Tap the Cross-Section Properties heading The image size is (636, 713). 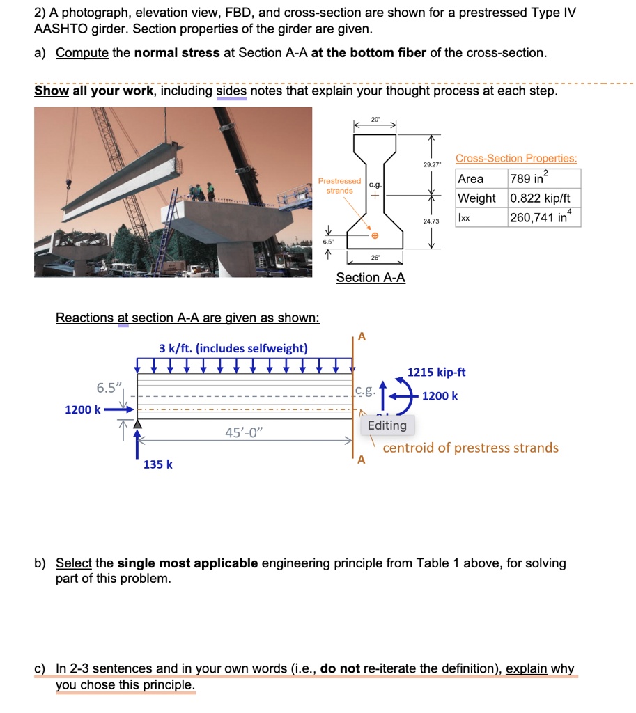pos(516,158)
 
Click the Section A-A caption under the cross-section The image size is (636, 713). pos(371,277)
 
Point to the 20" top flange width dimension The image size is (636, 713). pos(375,120)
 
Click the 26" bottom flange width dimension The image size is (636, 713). pos(375,257)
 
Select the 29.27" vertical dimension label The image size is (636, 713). pos(432,164)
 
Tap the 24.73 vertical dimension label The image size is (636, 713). pos(432,221)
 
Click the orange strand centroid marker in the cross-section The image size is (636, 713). pos(375,236)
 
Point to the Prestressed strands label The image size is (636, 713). pos(339,186)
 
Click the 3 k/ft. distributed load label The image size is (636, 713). pos(233,347)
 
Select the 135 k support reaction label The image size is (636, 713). pos(158,464)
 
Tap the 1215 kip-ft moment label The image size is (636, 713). pos(436,373)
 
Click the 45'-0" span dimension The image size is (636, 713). pos(245,433)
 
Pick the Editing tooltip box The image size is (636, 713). pos(387,425)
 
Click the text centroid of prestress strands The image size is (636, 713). pos(470,448)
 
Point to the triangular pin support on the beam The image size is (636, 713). pos(138,423)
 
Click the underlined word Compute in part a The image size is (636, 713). pos(82,54)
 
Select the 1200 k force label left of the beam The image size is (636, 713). pos(82,409)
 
